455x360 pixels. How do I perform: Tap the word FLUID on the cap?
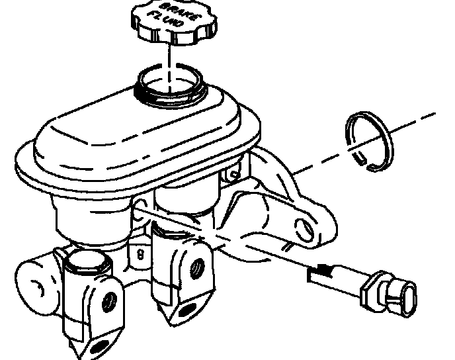point(165,19)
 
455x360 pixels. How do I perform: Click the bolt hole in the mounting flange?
point(305,230)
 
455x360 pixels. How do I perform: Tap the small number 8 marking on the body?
point(140,255)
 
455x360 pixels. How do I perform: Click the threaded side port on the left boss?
point(109,302)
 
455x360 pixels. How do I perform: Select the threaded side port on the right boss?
point(197,267)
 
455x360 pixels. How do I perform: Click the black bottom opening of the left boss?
point(100,347)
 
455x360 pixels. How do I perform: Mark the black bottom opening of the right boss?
point(186,310)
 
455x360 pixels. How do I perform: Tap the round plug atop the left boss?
point(87,261)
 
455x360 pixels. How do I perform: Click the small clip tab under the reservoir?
point(233,174)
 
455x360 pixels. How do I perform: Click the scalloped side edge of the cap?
point(174,36)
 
